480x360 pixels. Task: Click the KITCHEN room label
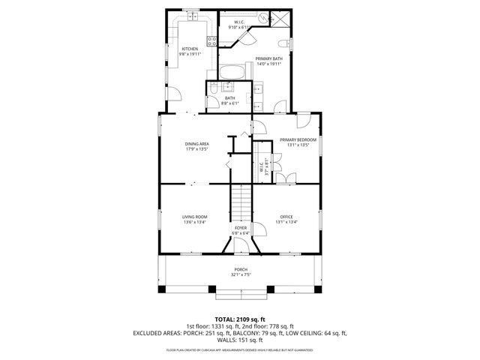click(190, 49)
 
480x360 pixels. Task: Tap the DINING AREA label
click(197, 144)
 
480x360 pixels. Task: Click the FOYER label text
click(241, 227)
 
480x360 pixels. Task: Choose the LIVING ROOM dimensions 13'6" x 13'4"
click(195, 222)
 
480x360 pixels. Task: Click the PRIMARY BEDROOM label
click(298, 140)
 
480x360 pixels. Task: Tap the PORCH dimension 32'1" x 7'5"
click(241, 274)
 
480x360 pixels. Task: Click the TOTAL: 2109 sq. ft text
click(240, 319)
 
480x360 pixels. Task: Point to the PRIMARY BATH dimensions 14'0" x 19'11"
click(268, 64)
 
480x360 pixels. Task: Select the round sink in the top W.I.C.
click(262, 15)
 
